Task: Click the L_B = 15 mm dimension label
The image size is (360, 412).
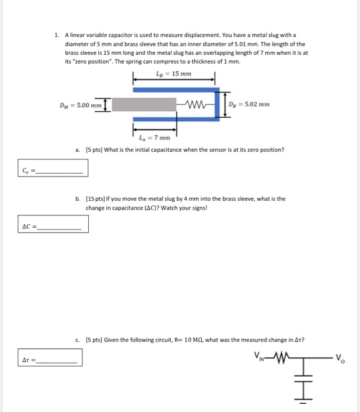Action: [174, 74]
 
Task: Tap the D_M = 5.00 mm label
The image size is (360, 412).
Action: [80, 105]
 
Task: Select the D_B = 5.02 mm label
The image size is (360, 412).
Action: [251, 105]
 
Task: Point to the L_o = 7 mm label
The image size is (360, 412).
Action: [154, 138]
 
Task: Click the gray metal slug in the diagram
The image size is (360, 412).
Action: [145, 105]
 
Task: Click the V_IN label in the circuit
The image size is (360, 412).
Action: [261, 355]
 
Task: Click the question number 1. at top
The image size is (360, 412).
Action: [56, 35]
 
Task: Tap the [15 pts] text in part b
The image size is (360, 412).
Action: [96, 199]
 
